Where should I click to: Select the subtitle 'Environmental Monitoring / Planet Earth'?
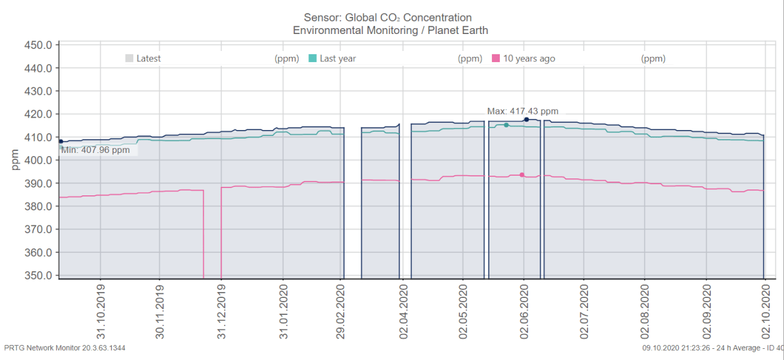coord(390,30)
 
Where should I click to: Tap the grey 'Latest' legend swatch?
coord(129,58)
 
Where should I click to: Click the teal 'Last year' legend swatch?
coord(312,58)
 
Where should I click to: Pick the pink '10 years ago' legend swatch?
coord(496,58)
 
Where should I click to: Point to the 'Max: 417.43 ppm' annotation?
coord(523,111)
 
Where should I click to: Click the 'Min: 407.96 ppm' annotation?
coord(95,150)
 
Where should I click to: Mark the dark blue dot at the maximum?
coord(527,120)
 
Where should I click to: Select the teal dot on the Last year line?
coord(506,125)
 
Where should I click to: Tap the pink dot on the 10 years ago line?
coord(521,174)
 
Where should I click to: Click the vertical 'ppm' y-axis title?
coord(15,160)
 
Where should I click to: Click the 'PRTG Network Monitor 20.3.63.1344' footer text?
coord(65,348)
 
